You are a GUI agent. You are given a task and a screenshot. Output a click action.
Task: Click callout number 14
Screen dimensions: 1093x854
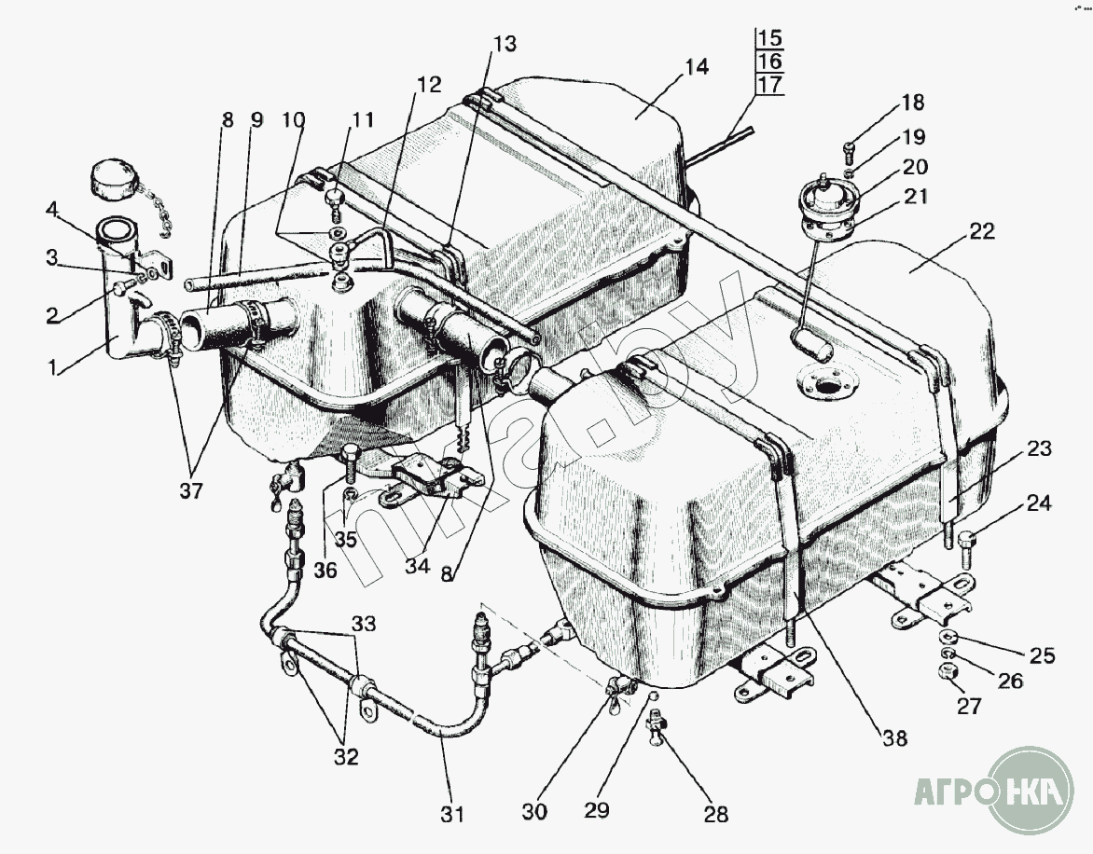coord(696,67)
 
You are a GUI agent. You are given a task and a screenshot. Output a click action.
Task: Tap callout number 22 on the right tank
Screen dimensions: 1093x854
coord(982,232)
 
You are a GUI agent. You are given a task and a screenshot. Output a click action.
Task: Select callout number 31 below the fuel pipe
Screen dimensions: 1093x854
coord(452,814)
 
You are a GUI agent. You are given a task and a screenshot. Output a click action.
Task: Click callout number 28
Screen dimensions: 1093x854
coord(715,814)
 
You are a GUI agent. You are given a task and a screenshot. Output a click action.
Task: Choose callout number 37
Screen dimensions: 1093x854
coord(191,490)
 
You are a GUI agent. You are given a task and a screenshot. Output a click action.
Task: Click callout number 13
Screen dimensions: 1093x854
coord(505,44)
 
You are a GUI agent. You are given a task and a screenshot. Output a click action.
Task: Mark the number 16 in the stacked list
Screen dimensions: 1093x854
coord(769,62)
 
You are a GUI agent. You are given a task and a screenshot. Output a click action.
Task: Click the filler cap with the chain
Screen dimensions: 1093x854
coord(113,177)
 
